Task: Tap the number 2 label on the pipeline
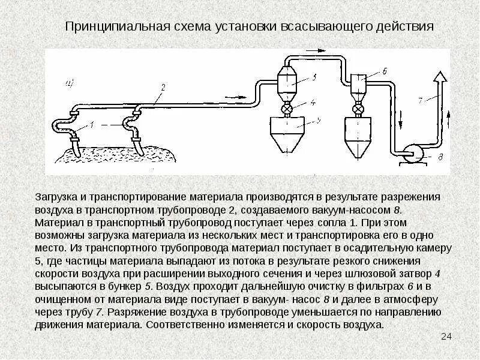[161, 88]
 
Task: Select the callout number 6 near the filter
[383, 71]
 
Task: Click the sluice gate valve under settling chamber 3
[287, 110]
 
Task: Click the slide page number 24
[446, 336]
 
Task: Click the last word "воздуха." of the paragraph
[362, 325]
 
